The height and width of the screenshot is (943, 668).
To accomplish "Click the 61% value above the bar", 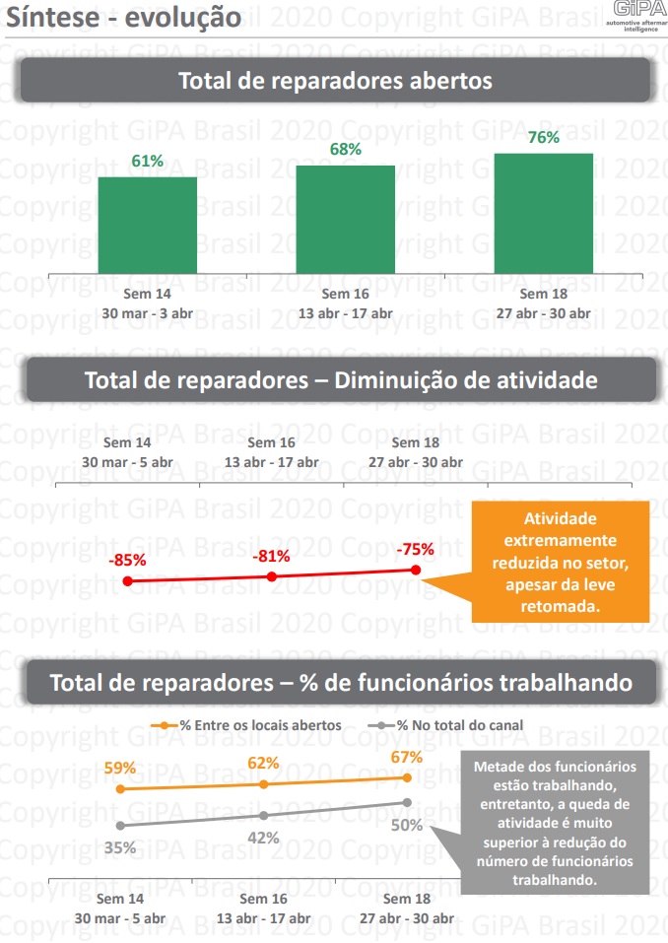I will (147, 161).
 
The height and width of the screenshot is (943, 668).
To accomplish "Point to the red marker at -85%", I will (128, 581).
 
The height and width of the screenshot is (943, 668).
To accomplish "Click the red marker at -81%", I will (272, 576).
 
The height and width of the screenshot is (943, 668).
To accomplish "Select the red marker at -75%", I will (416, 571).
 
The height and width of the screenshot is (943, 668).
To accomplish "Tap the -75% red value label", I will (415, 550).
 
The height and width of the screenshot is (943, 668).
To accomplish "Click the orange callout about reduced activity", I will (560, 563).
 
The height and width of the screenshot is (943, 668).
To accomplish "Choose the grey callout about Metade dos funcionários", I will (555, 823).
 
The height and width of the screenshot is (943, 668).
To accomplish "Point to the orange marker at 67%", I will (407, 777).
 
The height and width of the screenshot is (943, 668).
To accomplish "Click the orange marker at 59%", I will (120, 789).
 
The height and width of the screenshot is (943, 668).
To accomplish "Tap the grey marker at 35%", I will (120, 826).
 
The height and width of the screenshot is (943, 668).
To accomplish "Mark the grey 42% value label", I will (263, 838).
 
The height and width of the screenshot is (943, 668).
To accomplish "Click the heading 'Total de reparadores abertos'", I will (334, 81).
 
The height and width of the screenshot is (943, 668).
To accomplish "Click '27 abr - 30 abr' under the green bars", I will (545, 313).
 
